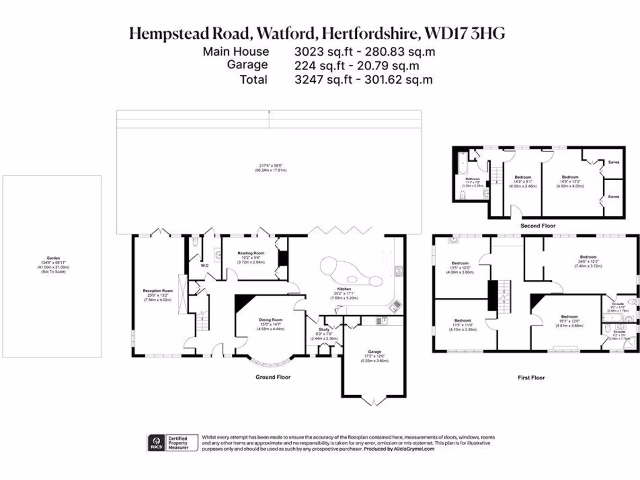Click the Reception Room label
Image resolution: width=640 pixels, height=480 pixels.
[x=158, y=291]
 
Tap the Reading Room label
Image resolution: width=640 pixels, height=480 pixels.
[x=251, y=253]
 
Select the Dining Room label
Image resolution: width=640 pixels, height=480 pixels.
[x=271, y=319]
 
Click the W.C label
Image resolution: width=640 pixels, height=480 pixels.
[x=204, y=266]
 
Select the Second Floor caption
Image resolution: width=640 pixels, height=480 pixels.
[x=537, y=225]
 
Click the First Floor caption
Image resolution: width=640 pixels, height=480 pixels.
[x=532, y=377]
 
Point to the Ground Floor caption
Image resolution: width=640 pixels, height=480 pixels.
[x=272, y=377]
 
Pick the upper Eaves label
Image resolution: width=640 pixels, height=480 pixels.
[x=614, y=162]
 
